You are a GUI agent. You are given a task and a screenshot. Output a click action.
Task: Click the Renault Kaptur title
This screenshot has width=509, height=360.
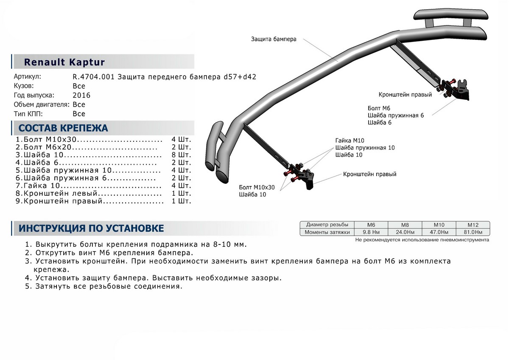[x=64, y=62]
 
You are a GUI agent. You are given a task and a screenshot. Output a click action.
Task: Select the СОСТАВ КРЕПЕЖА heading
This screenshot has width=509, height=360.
[x=63, y=128]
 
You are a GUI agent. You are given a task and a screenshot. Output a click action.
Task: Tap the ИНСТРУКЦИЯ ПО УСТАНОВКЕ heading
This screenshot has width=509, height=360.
[x=91, y=228]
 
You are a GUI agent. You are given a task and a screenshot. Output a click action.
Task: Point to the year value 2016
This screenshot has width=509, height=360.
[x=81, y=96]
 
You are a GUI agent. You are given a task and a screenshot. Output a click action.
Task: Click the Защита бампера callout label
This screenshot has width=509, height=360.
[x=274, y=39]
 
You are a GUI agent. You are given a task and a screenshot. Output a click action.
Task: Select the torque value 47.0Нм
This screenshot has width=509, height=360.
[x=439, y=232]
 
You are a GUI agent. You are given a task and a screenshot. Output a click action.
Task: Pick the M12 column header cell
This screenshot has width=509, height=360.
[x=473, y=225]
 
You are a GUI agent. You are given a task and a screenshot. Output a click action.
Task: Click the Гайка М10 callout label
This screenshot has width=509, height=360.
[x=350, y=141]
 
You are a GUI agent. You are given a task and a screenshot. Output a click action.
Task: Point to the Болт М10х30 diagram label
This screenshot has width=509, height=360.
[x=257, y=187]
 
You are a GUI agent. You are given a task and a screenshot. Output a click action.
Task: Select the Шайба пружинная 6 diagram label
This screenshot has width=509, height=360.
[x=396, y=115]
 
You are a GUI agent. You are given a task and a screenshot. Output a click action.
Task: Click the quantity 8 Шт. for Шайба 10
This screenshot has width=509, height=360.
[x=182, y=155]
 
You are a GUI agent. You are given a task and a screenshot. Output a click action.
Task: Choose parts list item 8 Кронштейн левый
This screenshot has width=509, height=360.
[x=89, y=194]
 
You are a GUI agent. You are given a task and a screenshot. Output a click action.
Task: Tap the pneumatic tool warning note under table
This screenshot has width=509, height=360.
[x=422, y=240]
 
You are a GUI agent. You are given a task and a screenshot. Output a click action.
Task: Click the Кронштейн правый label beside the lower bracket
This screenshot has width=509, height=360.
[x=370, y=174]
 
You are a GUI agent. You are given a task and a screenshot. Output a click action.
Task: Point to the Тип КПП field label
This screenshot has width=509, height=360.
[x=28, y=114]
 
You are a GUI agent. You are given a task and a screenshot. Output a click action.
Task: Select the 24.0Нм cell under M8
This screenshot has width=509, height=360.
[x=405, y=232]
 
